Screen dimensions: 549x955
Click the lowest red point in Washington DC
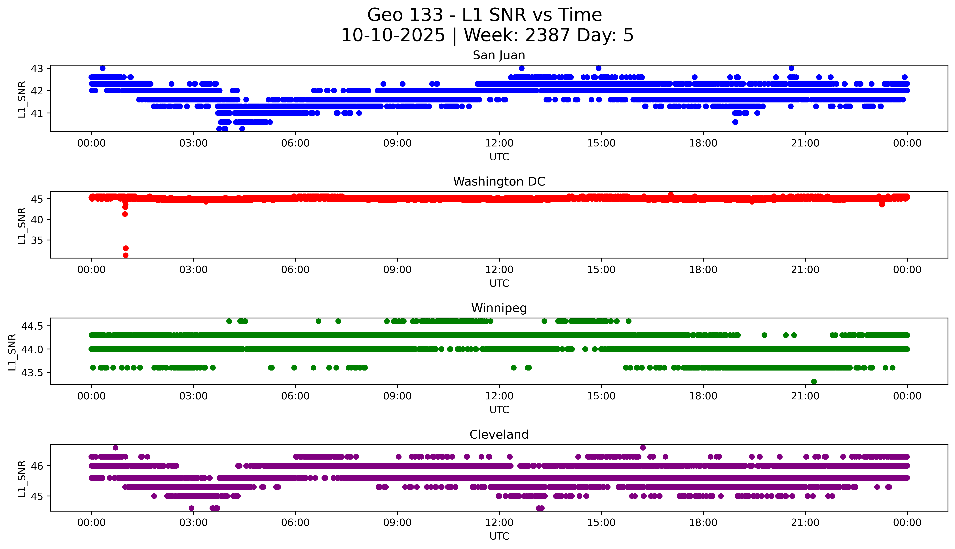pyautogui.click(x=126, y=255)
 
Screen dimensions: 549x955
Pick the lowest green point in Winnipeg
pyautogui.click(x=814, y=382)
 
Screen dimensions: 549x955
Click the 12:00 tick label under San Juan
pyautogui.click(x=499, y=143)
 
